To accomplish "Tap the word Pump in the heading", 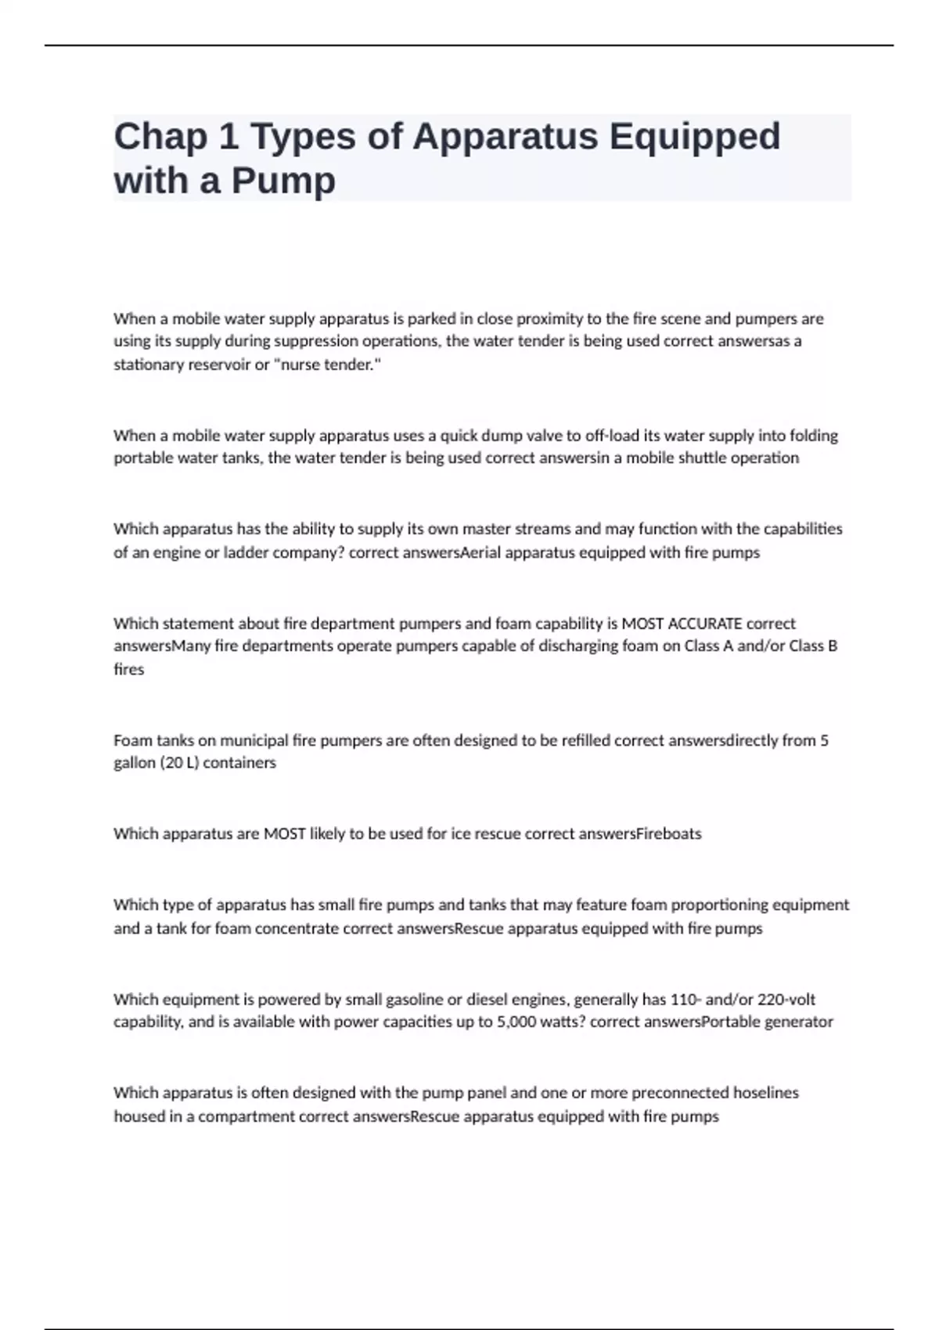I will coord(282,181).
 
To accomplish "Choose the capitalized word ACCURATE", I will coord(682,624).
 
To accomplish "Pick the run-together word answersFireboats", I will coord(639,834).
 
